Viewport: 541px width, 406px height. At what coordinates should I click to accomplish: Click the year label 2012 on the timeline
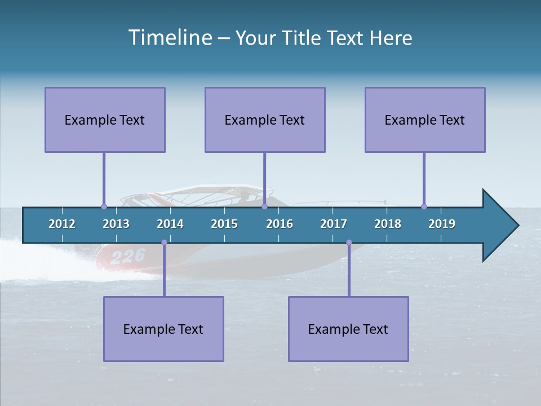pyautogui.click(x=62, y=224)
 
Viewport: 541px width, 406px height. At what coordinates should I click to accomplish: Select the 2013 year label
pyautogui.click(x=116, y=224)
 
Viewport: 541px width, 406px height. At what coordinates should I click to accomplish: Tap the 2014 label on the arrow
pyautogui.click(x=170, y=224)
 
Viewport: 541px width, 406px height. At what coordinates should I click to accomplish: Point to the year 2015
pyautogui.click(x=224, y=224)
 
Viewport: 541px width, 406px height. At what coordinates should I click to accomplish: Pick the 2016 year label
pyautogui.click(x=280, y=224)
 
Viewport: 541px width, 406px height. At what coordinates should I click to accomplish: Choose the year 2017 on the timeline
pyautogui.click(x=334, y=224)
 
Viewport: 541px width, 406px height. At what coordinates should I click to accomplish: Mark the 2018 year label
pyautogui.click(x=388, y=224)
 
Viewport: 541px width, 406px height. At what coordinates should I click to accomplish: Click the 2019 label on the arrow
pyautogui.click(x=442, y=224)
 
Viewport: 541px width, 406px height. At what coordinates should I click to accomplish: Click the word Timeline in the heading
pyautogui.click(x=170, y=38)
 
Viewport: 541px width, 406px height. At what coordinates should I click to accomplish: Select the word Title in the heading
pyautogui.click(x=301, y=38)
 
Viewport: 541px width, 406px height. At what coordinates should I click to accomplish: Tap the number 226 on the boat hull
pyautogui.click(x=128, y=257)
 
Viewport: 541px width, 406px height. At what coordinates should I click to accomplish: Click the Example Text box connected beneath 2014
pyautogui.click(x=163, y=329)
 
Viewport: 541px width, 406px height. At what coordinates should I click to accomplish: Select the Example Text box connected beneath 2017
pyautogui.click(x=348, y=329)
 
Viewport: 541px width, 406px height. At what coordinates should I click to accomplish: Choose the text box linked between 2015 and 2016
pyautogui.click(x=265, y=120)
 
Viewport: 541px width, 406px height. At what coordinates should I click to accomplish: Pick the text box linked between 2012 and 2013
pyautogui.click(x=105, y=120)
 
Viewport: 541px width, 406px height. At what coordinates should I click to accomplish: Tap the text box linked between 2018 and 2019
pyautogui.click(x=425, y=120)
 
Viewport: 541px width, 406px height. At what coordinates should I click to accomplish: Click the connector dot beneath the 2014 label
pyautogui.click(x=164, y=242)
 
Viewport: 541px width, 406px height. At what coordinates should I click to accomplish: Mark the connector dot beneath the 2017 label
pyautogui.click(x=349, y=242)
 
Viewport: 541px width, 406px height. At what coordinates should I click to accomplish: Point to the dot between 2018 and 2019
pyautogui.click(x=424, y=206)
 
